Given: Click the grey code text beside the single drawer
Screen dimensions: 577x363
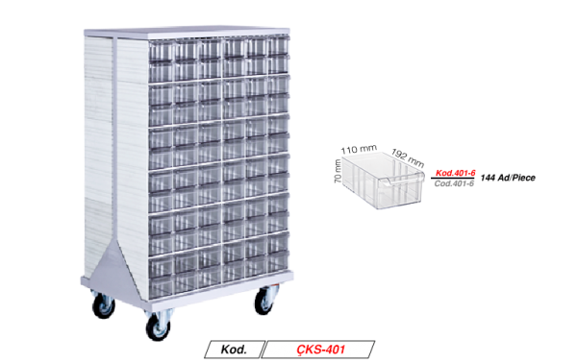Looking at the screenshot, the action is (451, 182).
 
